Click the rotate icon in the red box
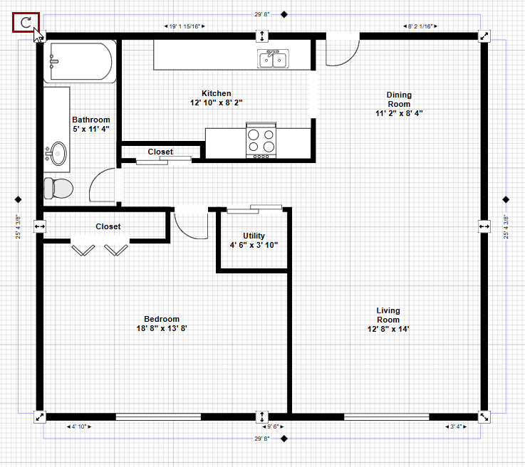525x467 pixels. (x=26, y=22)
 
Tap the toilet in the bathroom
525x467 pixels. (x=58, y=188)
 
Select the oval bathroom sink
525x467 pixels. (x=58, y=154)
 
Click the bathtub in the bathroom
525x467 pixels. (x=80, y=61)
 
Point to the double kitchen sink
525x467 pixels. (x=273, y=59)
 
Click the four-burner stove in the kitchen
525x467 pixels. (x=261, y=140)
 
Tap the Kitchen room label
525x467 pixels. (x=217, y=98)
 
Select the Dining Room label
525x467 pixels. (x=399, y=104)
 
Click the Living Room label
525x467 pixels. (x=388, y=320)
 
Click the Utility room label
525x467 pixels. (x=254, y=240)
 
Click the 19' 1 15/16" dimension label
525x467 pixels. (x=184, y=26)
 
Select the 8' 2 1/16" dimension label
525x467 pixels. (x=420, y=26)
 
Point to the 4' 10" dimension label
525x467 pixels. (x=79, y=426)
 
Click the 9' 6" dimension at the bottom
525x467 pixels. (x=273, y=426)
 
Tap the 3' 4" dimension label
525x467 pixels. (x=456, y=426)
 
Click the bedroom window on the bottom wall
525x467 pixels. (x=158, y=417)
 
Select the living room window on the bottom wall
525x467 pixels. (x=387, y=417)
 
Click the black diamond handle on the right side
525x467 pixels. (x=506, y=200)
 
